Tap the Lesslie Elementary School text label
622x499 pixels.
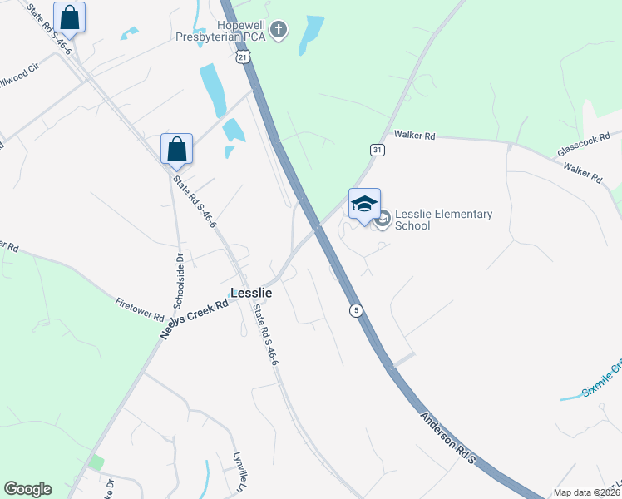443,220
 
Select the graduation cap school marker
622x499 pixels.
364,204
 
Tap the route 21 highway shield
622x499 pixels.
241,57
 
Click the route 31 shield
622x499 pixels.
378,150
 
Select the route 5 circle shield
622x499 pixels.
357,310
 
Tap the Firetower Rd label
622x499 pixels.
140,307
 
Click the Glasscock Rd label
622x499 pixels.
584,144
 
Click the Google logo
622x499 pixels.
27,489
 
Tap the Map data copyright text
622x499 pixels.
586,492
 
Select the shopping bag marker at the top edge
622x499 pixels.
70,17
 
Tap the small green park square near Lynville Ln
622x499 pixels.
96,462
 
